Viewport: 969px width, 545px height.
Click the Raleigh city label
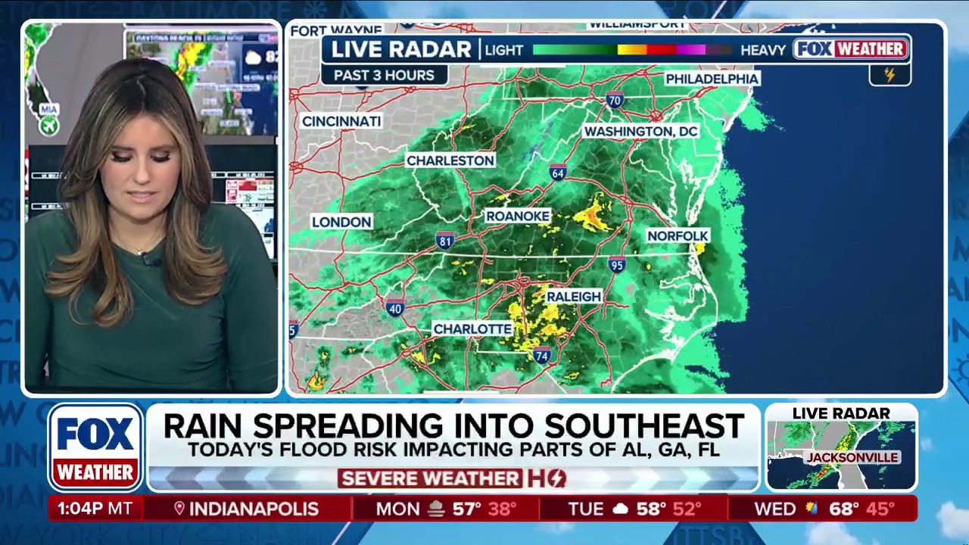[574, 297]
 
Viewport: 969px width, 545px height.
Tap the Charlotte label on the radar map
[472, 329]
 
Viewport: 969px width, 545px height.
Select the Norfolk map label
[678, 236]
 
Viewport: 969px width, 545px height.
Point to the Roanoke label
[518, 216]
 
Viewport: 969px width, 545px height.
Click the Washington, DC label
[640, 132]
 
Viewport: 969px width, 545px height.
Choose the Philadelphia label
[712, 79]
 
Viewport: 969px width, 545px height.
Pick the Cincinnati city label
[341, 121]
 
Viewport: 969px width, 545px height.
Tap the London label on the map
[341, 222]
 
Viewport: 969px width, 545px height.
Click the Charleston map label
[450, 160]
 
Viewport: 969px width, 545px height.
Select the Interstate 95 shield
[617, 264]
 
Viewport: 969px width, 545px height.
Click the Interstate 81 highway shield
[445, 241]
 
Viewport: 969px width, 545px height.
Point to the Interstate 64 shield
[558, 173]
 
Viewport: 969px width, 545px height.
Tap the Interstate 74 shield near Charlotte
[541, 356]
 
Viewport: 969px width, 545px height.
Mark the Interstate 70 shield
[615, 99]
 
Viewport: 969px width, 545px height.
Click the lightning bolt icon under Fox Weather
[890, 75]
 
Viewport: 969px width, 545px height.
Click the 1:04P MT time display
[95, 509]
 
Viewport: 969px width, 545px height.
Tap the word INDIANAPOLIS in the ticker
[254, 509]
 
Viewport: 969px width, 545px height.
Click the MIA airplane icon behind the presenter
[49, 126]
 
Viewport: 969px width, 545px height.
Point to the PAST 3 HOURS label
[384, 75]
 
